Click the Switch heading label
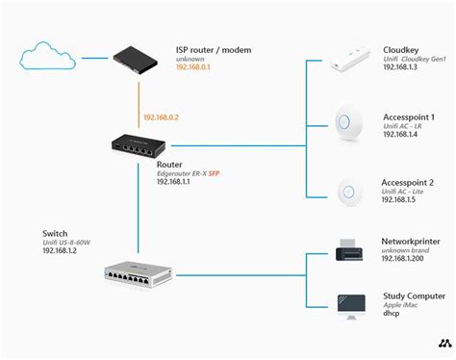(55, 233)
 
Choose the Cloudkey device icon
(350, 61)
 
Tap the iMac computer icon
(349, 305)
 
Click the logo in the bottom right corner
(443, 343)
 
